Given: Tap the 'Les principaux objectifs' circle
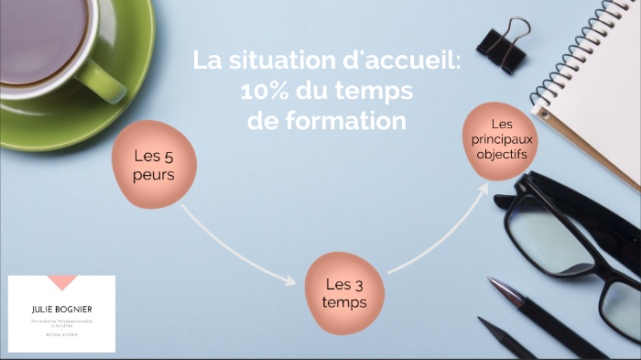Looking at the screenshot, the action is click(x=501, y=139).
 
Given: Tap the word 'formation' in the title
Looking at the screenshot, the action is click(x=349, y=121).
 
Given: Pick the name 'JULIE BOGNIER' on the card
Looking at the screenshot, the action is click(x=61, y=310).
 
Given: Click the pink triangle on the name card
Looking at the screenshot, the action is click(x=61, y=282).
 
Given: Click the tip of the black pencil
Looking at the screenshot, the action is click(x=482, y=322).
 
